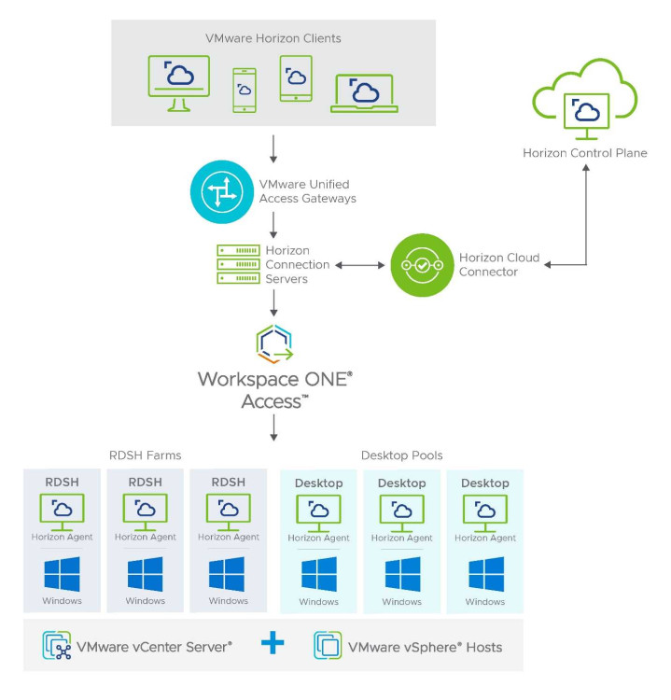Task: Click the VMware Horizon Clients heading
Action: [273, 38]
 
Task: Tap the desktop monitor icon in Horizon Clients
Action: [178, 82]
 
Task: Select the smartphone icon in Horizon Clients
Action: [245, 90]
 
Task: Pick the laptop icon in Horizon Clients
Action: [364, 92]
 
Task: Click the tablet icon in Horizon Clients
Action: [296, 78]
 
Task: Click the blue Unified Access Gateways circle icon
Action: [221, 191]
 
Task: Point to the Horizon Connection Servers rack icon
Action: [237, 265]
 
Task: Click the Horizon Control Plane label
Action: [584, 153]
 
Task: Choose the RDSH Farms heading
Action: [146, 455]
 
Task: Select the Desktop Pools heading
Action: [401, 455]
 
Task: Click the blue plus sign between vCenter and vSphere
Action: [273, 645]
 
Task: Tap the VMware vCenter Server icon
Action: [58, 645]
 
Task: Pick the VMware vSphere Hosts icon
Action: [328, 645]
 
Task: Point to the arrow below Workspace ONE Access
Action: [273, 427]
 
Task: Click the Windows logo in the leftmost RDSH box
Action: [63, 573]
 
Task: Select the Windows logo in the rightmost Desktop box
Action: [485, 574]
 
